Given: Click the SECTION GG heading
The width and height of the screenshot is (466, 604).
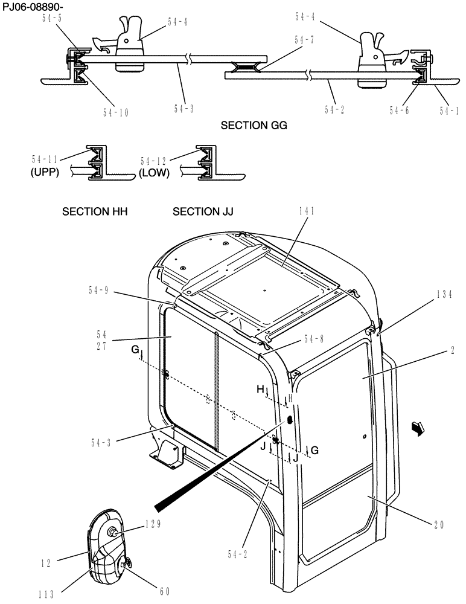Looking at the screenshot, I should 254,126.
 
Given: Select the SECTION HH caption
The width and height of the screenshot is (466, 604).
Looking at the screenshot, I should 95,212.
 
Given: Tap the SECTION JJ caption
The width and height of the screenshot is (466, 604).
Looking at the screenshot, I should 203,212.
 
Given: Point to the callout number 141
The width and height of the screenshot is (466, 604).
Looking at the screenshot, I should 306,211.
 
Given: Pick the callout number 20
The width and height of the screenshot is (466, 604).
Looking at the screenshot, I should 438,525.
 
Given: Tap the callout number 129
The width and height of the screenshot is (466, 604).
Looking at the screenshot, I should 152,524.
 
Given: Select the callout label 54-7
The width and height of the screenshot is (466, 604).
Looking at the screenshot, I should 304,40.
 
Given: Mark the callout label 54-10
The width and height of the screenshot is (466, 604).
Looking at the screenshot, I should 116,112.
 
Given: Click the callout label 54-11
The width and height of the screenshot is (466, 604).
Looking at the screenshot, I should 45,159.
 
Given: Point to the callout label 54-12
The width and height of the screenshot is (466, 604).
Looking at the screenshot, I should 154,161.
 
